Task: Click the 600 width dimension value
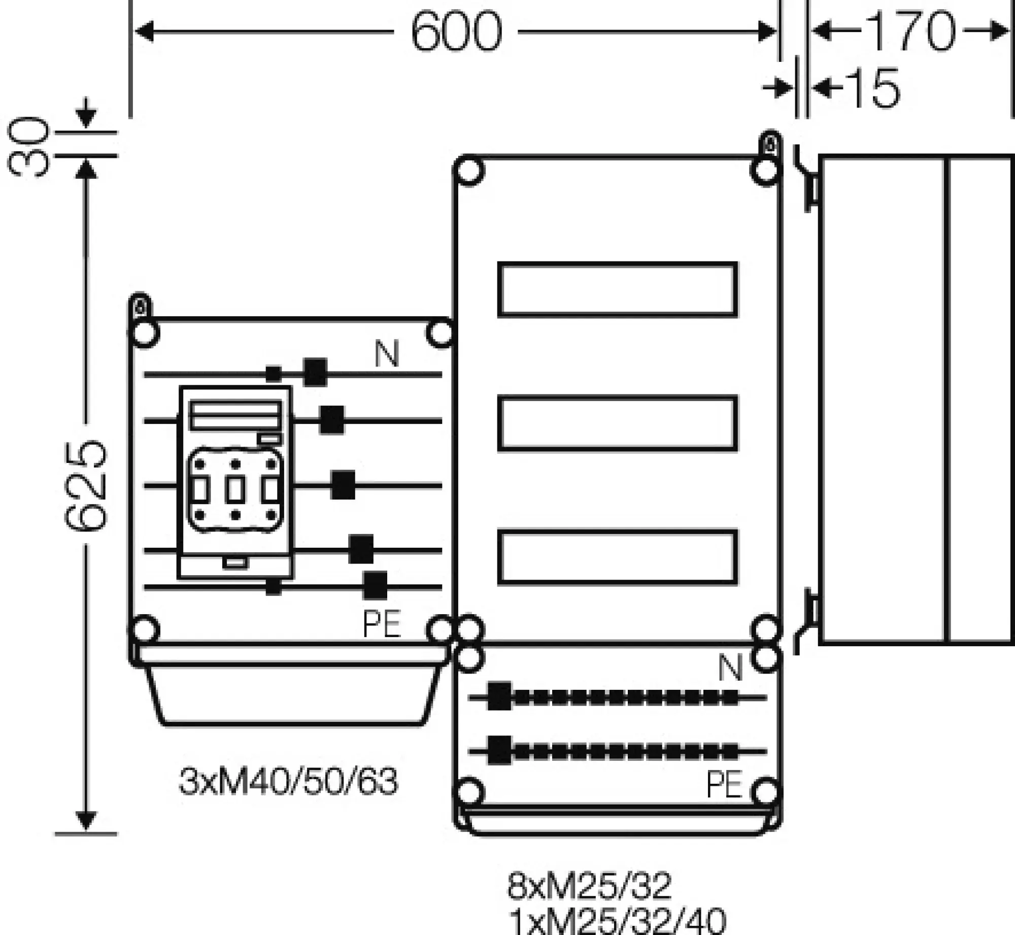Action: [x=456, y=31]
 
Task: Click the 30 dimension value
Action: [x=28, y=146]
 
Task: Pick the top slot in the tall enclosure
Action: [x=617, y=289]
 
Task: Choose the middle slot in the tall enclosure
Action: [x=617, y=423]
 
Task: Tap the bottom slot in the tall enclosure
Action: [x=617, y=557]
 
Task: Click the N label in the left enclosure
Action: [x=387, y=354]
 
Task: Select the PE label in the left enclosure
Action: [x=382, y=624]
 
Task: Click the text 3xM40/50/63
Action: [x=288, y=782]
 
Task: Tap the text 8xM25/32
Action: [x=589, y=886]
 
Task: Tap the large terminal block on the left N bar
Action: [x=315, y=372]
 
